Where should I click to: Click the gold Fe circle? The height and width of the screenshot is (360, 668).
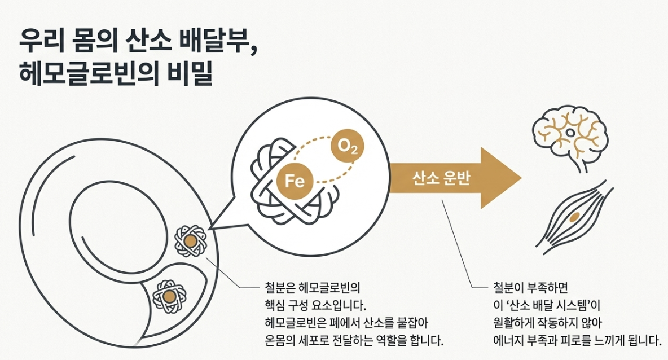[295, 181]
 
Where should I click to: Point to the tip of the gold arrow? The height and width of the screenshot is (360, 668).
[520, 178]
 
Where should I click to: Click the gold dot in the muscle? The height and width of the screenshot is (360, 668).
[574, 217]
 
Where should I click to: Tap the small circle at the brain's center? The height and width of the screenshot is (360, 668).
[570, 133]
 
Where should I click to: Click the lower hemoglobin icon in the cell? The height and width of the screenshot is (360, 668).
[169, 296]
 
